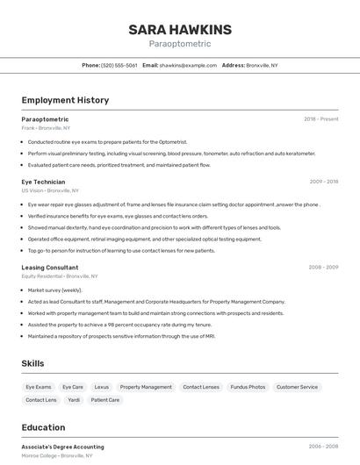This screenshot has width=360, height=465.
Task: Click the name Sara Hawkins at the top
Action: pyautogui.click(x=180, y=30)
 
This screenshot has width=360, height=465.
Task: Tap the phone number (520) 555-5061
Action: pyautogui.click(x=119, y=65)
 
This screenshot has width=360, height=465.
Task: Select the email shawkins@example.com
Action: pyautogui.click(x=188, y=65)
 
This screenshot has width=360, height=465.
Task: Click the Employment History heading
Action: pyautogui.click(x=65, y=100)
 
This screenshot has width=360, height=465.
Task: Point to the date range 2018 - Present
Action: pyautogui.click(x=320, y=118)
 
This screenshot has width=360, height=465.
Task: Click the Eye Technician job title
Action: pyautogui.click(x=43, y=182)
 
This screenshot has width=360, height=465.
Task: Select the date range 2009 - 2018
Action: pyautogui.click(x=323, y=182)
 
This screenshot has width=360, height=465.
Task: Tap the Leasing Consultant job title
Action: pyautogui.click(x=50, y=267)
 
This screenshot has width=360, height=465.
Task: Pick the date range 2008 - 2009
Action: pyautogui.click(x=323, y=267)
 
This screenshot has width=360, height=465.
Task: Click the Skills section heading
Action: pyautogui.click(x=32, y=363)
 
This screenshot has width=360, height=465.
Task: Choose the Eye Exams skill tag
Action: pyautogui.click(x=39, y=387)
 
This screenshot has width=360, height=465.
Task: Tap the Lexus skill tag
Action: pyautogui.click(x=102, y=387)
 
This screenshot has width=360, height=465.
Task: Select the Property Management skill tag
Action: pyautogui.click(x=146, y=387)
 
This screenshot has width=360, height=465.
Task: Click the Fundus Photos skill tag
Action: pyautogui.click(x=248, y=387)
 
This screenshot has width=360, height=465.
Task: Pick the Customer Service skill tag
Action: pyautogui.click(x=297, y=387)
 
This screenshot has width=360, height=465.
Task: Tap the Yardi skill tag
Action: pyautogui.click(x=74, y=400)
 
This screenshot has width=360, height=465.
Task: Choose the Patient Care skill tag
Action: pyautogui.click(x=105, y=400)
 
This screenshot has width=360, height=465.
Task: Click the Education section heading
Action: pyautogui.click(x=43, y=427)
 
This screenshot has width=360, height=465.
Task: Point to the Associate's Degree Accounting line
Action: pyautogui.click(x=62, y=447)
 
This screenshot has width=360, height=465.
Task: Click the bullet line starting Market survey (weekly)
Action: pyautogui.click(x=54, y=290)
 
